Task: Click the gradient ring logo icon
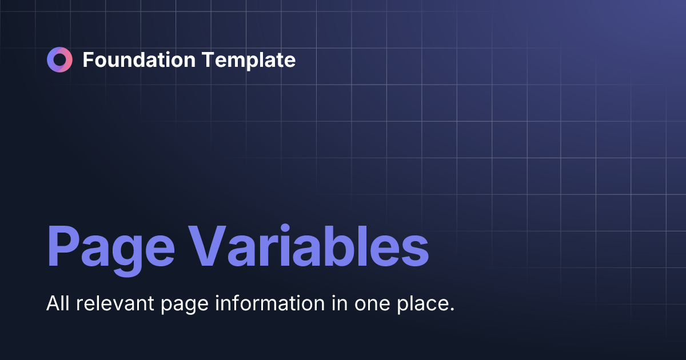[x=60, y=59]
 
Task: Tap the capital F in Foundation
[x=88, y=59]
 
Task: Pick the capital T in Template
[x=205, y=59]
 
